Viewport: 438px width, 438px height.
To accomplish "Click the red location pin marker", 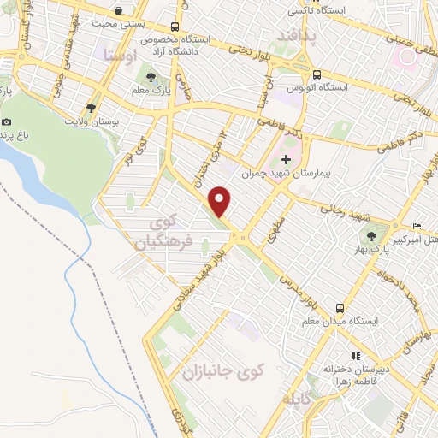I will (x=221, y=201).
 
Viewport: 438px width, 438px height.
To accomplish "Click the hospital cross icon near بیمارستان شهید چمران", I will (x=286, y=159).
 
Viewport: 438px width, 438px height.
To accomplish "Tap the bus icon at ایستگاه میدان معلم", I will (x=340, y=307).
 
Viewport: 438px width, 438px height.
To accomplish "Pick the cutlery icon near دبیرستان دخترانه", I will (x=357, y=356).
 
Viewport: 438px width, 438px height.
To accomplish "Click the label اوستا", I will (x=118, y=55).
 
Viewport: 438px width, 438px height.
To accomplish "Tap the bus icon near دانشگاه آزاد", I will (x=175, y=26).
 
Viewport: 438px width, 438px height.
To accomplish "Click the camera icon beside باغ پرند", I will (x=7, y=122).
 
